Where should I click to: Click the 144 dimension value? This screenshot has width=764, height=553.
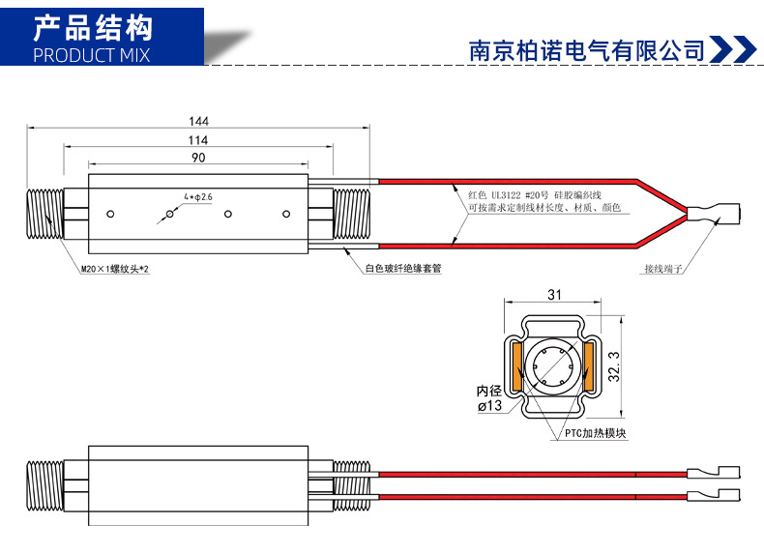pos(198,122)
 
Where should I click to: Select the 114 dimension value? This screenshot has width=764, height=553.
pos(198,140)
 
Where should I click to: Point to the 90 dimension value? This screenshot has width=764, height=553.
pos(198,158)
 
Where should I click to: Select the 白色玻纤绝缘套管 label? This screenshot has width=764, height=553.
pos(403,269)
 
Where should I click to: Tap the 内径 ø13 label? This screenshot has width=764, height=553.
pos(491,398)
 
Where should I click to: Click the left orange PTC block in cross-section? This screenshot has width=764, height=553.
pos(516,366)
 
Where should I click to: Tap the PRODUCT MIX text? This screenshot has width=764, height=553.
pos(92,54)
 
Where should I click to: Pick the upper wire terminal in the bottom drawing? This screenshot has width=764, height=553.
pos(714,473)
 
